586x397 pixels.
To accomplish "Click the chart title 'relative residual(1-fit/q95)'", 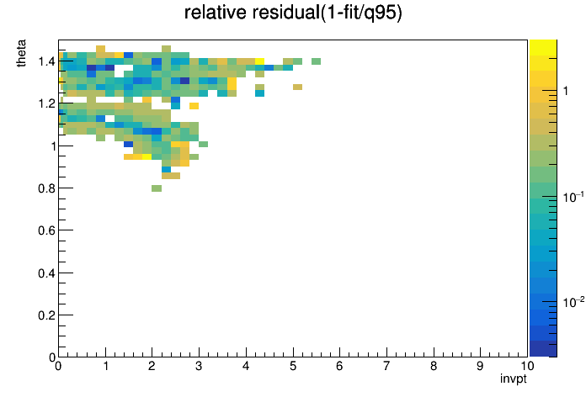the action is (x=293, y=13).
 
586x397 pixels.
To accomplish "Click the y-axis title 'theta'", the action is (x=21, y=53).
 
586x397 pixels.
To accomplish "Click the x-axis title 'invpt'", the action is (x=514, y=378).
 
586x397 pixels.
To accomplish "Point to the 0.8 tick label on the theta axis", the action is (x=46, y=188).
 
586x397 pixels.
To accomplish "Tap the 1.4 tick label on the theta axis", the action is (x=46, y=61).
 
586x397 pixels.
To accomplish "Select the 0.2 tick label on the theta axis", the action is (x=46, y=315).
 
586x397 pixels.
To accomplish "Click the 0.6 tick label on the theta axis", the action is (x=46, y=230).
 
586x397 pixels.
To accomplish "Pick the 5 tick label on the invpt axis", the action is (x=293, y=366).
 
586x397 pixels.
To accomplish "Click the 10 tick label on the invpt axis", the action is (x=527, y=366).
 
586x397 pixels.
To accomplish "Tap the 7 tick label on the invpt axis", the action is (x=386, y=366).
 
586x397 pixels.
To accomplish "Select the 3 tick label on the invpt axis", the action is (x=199, y=366).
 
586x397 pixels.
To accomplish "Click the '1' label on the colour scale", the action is (x=566, y=91).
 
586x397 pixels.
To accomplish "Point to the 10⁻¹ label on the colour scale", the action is (x=573, y=197).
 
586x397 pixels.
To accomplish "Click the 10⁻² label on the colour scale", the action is (x=573, y=302).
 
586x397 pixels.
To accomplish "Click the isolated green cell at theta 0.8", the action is (x=157, y=188).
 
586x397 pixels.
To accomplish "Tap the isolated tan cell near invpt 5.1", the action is (x=297, y=87).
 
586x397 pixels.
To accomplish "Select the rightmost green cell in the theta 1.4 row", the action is (x=317, y=61).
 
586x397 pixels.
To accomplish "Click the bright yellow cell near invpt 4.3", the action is (x=259, y=61).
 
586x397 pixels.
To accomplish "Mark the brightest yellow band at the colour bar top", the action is (x=543, y=47).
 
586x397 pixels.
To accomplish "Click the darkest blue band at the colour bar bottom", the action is (x=543, y=349).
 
